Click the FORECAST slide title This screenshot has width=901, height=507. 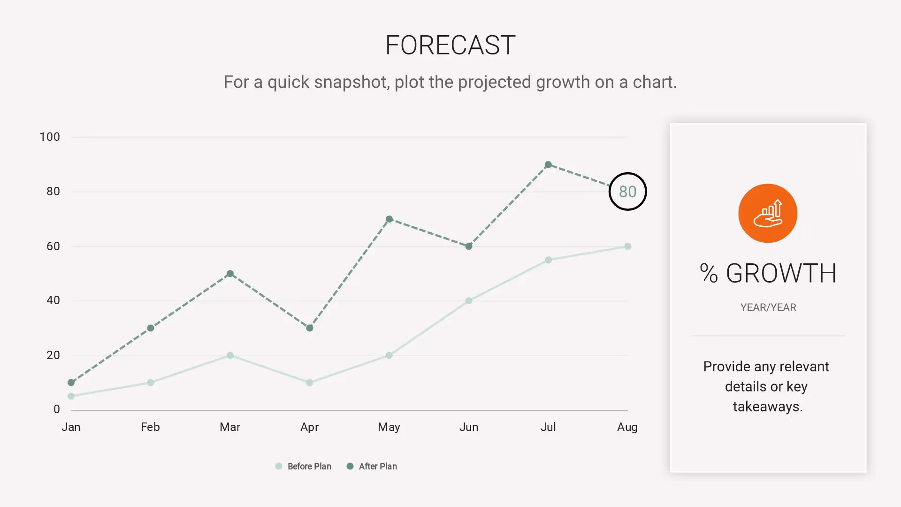click(x=450, y=46)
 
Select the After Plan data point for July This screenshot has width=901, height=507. click(x=548, y=165)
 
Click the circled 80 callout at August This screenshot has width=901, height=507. click(x=627, y=192)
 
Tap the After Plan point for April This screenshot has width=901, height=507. click(x=310, y=328)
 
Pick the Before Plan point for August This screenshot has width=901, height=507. click(x=628, y=246)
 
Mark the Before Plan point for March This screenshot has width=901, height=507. click(x=230, y=355)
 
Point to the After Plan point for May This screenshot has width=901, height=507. click(x=389, y=219)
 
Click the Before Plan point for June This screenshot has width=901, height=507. click(x=469, y=301)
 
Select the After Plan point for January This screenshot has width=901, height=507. click(x=71, y=383)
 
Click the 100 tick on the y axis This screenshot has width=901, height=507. click(x=50, y=137)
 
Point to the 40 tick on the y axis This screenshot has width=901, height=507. click(x=53, y=300)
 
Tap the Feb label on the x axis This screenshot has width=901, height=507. click(x=150, y=427)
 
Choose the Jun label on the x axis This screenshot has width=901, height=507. click(x=469, y=427)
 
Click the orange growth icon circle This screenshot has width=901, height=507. click(x=768, y=213)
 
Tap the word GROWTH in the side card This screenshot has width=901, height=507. click(x=781, y=273)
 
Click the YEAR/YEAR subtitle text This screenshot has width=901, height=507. click(x=768, y=307)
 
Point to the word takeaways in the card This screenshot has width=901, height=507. click(x=768, y=407)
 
